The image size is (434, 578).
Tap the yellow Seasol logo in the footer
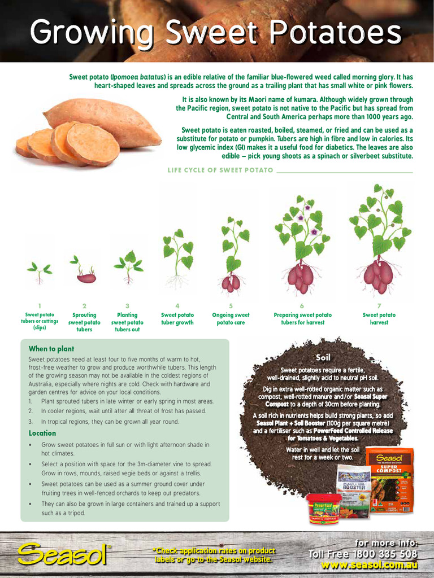[62, 554]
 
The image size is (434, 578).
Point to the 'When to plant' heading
[51, 349]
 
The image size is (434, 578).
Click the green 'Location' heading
[42, 433]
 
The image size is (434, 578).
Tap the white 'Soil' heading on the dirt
[323, 357]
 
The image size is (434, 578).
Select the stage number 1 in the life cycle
[40, 305]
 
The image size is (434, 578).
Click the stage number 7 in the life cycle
[379, 305]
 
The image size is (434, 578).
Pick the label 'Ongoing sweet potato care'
[231, 319]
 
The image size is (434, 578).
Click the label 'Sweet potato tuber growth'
[177, 319]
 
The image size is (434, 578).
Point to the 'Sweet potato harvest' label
[379, 319]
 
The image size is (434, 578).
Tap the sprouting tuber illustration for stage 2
[86, 277]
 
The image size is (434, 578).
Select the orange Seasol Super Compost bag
[389, 480]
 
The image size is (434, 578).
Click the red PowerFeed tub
[324, 509]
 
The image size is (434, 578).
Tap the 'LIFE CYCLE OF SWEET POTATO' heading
[220, 170]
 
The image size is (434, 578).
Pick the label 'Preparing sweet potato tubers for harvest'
[303, 319]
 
